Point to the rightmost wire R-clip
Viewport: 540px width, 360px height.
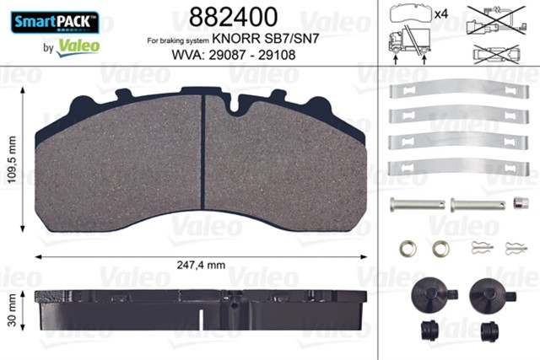514,248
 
